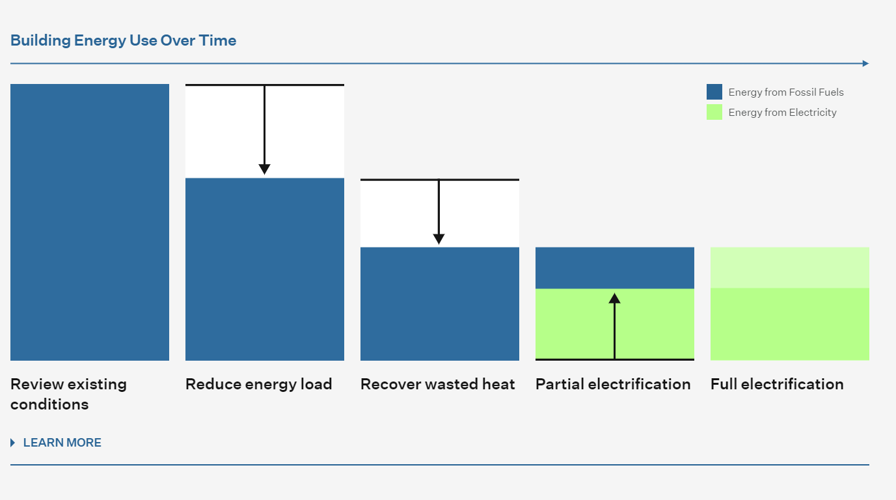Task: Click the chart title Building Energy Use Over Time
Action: point(123,41)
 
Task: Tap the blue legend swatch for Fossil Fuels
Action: point(714,92)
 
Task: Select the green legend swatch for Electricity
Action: point(714,112)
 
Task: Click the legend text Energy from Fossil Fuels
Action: point(786,92)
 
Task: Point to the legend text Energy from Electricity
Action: point(782,113)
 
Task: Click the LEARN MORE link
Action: point(62,442)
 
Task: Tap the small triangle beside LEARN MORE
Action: point(13,442)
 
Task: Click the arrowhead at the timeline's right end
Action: point(866,63)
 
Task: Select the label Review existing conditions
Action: point(68,395)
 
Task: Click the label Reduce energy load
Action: point(259,384)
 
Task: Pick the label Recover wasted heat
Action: point(438,384)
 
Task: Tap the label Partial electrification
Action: point(613,384)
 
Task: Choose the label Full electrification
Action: point(777,384)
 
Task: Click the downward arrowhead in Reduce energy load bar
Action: point(264,169)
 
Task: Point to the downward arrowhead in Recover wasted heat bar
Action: point(439,239)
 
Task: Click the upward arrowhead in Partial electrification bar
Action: point(614,298)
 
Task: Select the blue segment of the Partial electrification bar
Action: point(615,268)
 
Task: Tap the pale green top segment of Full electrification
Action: point(789,268)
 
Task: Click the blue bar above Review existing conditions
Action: point(90,222)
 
